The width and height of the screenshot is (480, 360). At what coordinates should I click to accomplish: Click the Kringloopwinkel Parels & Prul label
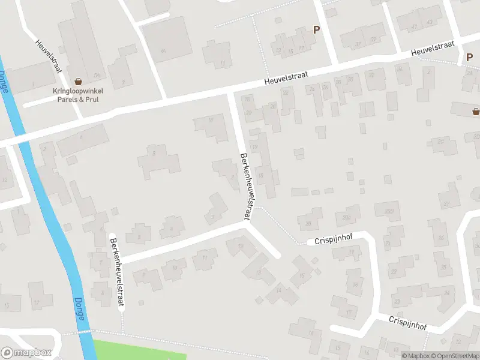(77, 95)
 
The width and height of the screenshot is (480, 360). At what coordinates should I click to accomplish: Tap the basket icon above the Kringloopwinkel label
(78, 81)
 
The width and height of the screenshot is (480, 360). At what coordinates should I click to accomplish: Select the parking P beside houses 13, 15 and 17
(316, 29)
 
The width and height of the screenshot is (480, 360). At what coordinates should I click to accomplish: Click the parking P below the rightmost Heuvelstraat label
(469, 58)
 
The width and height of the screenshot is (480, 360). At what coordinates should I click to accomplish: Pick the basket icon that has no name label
(476, 111)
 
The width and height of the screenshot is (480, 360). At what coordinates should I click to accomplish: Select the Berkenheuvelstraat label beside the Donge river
(116, 272)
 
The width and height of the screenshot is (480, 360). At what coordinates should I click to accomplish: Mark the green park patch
(138, 349)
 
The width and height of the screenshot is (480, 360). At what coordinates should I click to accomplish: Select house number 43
(430, 23)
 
